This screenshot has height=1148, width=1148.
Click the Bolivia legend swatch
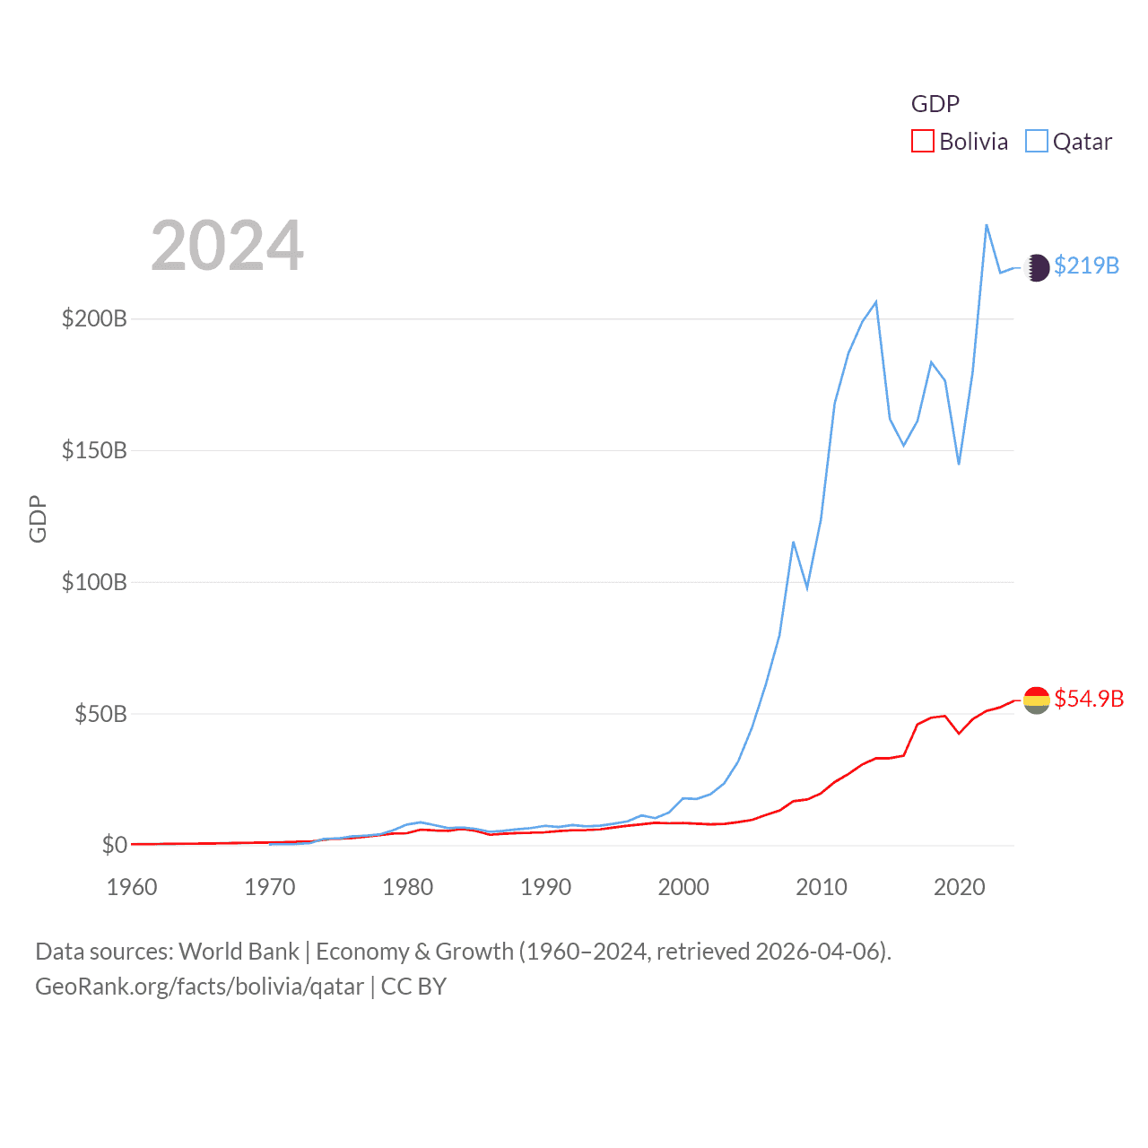pos(923,142)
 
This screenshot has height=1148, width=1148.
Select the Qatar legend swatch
pos(1036,142)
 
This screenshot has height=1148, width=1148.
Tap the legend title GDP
pos(935,104)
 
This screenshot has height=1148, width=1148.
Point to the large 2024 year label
pos(227,246)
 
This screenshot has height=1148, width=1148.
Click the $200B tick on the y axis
pos(94,319)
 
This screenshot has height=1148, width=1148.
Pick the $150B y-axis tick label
pos(94,451)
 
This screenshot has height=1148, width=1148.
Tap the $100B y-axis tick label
pos(94,583)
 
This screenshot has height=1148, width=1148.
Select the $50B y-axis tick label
pos(100,715)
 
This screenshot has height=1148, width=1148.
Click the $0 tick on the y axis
pos(114,846)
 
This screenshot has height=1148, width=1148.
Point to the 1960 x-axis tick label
pos(132,888)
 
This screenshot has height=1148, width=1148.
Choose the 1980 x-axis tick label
pos(407,888)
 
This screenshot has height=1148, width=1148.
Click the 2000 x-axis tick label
pos(683,888)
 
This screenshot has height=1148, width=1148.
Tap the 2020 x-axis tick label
pos(959,888)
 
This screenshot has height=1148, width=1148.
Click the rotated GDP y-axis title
pos(38,518)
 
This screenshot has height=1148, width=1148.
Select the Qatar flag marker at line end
pos(1037,267)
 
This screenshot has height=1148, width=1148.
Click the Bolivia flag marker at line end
pos(1037,700)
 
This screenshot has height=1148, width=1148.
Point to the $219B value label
pos(1086,266)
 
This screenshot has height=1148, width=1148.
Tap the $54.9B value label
pos(1089,699)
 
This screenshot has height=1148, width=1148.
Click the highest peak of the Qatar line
pos(987,225)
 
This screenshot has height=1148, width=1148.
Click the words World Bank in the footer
pos(239,952)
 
